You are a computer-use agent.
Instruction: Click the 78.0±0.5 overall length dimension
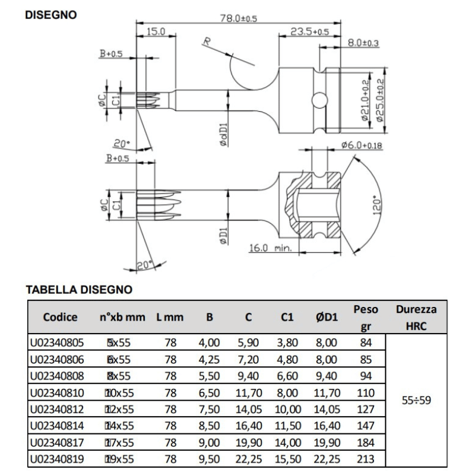239,18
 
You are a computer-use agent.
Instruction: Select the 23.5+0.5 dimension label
310,31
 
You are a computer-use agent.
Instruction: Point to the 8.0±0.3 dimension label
363,43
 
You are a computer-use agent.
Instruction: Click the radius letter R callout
206,42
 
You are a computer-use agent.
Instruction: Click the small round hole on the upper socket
319,99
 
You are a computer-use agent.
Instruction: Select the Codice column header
59,318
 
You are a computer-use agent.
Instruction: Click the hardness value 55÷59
415,400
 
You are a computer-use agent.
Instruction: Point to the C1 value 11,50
288,425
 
